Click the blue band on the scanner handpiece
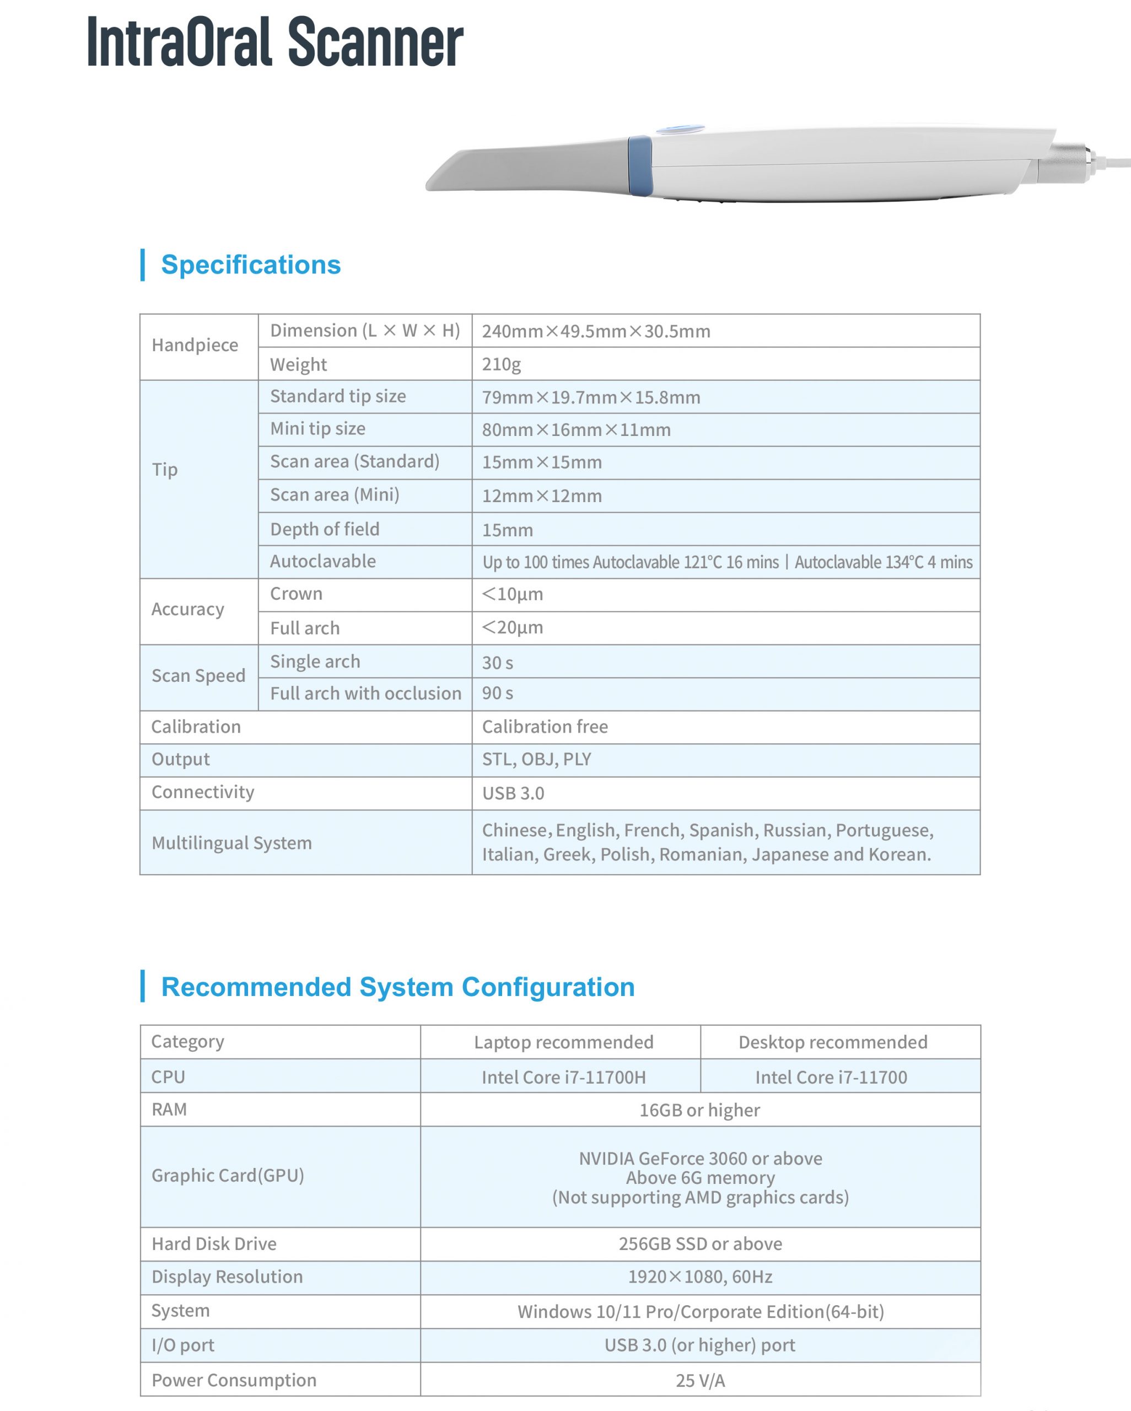coord(639,165)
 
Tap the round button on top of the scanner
coord(680,130)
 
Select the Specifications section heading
coord(251,265)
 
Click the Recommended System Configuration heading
coord(397,987)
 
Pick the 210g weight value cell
coord(502,364)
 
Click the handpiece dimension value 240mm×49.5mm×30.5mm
coord(596,331)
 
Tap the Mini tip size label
coord(317,429)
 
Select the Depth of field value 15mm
coord(507,530)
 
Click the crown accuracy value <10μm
coord(513,594)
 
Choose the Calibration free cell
coord(545,727)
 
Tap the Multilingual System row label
coord(231,843)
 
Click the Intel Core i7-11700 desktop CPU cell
coord(831,1077)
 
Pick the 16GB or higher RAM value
coord(699,1111)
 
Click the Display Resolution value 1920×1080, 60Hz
coord(699,1277)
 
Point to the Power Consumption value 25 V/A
coord(699,1380)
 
